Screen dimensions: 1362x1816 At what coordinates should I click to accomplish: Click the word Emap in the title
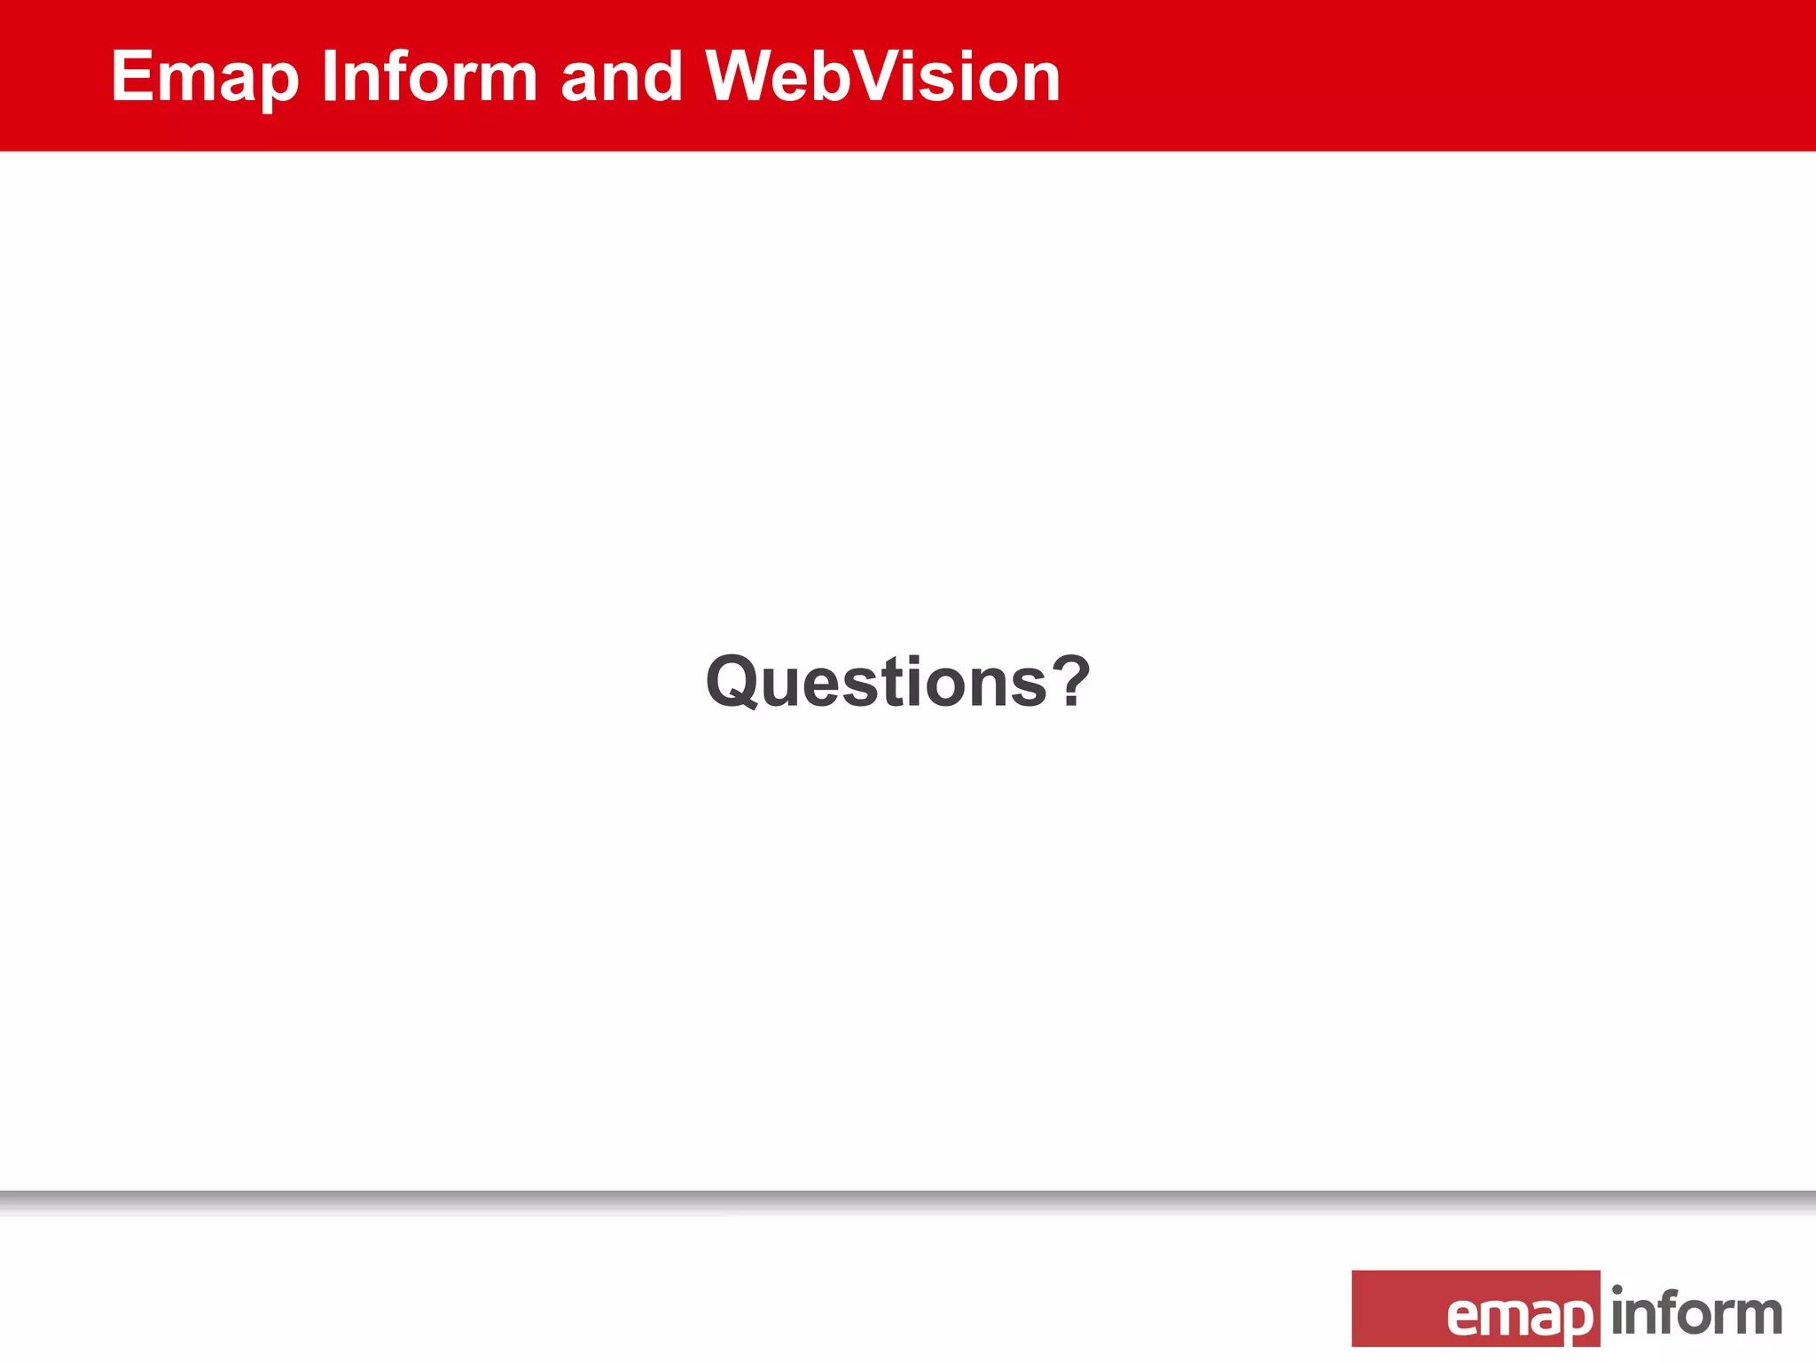[205, 78]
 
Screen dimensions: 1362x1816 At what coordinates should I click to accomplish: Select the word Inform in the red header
[429, 76]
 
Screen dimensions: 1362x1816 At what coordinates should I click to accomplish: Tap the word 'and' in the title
[621, 76]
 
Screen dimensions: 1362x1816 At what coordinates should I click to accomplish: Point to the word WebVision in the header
[882, 76]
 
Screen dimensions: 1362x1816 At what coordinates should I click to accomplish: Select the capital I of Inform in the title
[328, 76]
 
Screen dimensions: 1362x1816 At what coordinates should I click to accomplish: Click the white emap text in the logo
[1519, 1316]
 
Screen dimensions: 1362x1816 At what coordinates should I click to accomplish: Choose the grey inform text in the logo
[1696, 1313]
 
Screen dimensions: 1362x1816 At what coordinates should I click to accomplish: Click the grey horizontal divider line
[908, 1198]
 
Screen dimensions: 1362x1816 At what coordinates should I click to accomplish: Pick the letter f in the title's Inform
[402, 76]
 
